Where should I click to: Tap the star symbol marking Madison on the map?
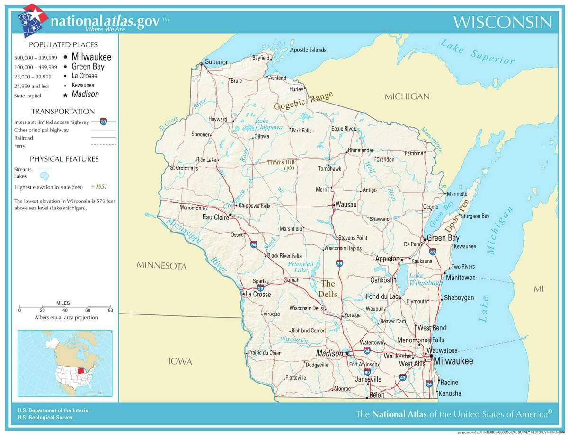347,353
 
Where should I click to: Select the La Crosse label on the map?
258,294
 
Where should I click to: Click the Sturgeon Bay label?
475,216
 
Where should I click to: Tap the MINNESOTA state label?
161,266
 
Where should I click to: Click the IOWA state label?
180,362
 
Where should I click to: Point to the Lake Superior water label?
476,52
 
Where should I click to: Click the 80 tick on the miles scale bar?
110,310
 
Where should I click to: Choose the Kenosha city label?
450,393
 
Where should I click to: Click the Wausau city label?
346,205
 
